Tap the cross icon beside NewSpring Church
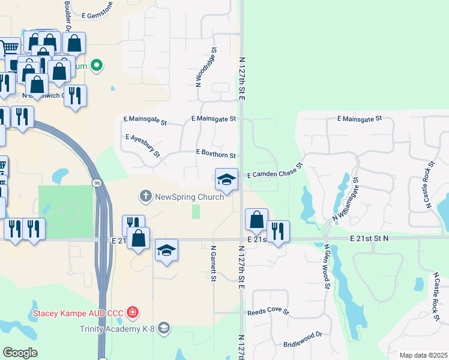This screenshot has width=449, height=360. (146, 196)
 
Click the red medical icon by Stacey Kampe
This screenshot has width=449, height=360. (132, 313)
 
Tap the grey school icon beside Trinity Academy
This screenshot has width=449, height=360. (164, 328)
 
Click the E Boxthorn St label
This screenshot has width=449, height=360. (216, 153)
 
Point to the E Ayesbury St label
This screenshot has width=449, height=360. (143, 146)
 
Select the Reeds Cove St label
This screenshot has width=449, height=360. (268, 313)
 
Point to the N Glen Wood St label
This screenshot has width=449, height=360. (327, 266)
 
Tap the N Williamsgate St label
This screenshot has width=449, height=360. (345, 198)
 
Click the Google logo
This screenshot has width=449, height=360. (20, 353)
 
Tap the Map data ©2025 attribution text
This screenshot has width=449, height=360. (423, 355)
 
